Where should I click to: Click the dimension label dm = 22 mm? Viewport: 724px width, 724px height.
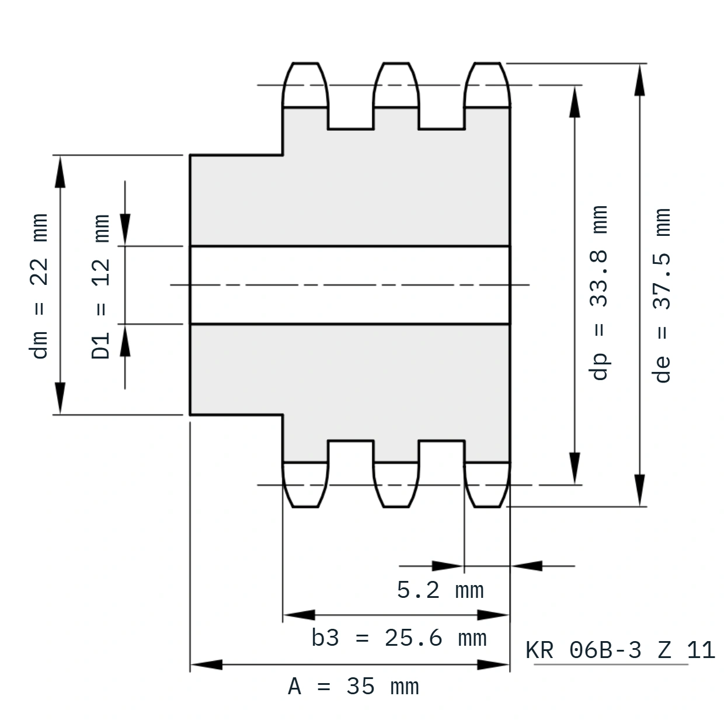[x=39, y=286]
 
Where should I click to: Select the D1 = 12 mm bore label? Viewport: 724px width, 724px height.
[x=100, y=287]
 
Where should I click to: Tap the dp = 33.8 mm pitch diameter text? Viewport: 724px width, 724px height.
[x=598, y=293]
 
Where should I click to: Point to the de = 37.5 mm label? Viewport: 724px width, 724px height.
[x=661, y=295]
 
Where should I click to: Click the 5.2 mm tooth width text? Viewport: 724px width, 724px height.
[x=440, y=590]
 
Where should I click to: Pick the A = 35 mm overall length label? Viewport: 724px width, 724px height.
[x=353, y=687]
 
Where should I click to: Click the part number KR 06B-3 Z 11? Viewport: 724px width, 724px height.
[x=620, y=650]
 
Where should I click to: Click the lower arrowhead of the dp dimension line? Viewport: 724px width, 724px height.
[x=575, y=468]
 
